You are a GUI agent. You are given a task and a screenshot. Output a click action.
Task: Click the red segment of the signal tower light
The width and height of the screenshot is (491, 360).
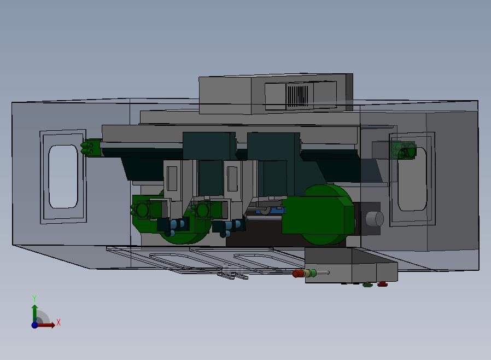pyautogui.click(x=298, y=274)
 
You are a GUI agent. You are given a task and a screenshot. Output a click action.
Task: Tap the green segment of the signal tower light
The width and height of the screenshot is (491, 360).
pyautogui.click(x=312, y=273)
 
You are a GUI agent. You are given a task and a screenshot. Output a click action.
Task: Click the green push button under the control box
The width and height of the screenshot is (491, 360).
pyautogui.click(x=367, y=285)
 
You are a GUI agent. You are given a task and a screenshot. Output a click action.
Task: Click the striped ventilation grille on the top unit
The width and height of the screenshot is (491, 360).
pyautogui.click(x=298, y=96)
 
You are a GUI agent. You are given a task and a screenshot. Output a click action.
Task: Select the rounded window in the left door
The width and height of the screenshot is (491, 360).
pyautogui.click(x=63, y=176)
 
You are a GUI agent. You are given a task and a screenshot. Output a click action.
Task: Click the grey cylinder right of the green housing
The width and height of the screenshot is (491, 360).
pyautogui.click(x=375, y=219)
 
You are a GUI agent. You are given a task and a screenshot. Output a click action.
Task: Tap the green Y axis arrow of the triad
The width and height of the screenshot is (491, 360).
pyautogui.click(x=34, y=313)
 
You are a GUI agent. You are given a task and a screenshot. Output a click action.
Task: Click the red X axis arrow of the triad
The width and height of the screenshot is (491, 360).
pyautogui.click(x=46, y=325)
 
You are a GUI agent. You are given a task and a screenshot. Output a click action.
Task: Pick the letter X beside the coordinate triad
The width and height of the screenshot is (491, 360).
pyautogui.click(x=59, y=322)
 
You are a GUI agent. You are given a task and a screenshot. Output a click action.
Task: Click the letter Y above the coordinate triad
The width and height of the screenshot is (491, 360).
pyautogui.click(x=34, y=298)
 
